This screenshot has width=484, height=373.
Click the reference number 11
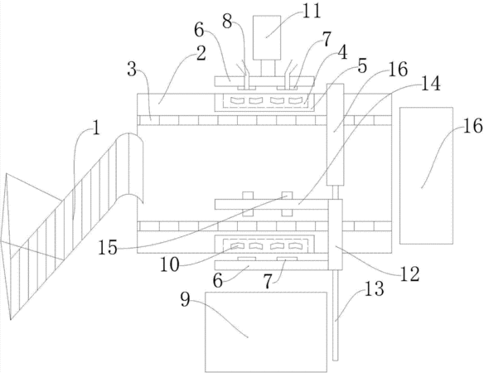(311, 12)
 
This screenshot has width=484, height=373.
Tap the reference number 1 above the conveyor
(97, 128)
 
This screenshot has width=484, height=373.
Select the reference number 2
(201, 53)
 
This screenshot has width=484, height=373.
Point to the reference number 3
(132, 69)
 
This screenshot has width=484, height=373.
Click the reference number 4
(341, 52)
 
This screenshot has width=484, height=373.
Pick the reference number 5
(362, 65)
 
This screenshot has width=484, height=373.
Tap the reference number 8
(227, 22)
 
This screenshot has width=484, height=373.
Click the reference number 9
(185, 299)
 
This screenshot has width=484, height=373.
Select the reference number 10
(169, 264)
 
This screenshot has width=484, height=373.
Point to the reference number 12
(410, 274)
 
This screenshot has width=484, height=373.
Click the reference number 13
(375, 288)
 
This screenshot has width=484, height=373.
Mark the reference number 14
(431, 84)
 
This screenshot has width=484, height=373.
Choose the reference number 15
(108, 247)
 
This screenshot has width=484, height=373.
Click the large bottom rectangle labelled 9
(266, 332)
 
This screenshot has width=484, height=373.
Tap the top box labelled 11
(267, 37)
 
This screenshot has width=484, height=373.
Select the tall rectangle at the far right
(426, 176)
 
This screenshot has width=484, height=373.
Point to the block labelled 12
(335, 235)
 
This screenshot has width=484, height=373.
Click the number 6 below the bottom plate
(218, 281)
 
